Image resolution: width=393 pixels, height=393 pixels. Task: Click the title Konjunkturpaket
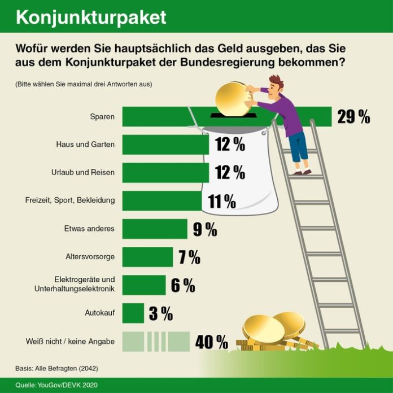91,17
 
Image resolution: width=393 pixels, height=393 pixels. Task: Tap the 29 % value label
353,117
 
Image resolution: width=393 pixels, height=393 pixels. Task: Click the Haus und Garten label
86,145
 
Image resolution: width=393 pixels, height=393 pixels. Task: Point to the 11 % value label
221,200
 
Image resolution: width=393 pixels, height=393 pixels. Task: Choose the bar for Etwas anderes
154,229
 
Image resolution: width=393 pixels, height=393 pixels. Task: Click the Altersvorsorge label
90,257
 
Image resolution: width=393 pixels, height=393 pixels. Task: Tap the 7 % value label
190,257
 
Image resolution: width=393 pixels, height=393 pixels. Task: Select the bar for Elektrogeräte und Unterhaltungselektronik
143,285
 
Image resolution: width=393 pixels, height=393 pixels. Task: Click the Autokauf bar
133,313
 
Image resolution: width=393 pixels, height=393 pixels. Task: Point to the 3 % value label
161,313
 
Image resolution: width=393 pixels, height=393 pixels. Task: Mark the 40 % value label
212,342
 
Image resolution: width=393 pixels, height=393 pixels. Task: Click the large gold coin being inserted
232,97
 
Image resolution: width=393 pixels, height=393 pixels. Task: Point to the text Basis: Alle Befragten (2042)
56,369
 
